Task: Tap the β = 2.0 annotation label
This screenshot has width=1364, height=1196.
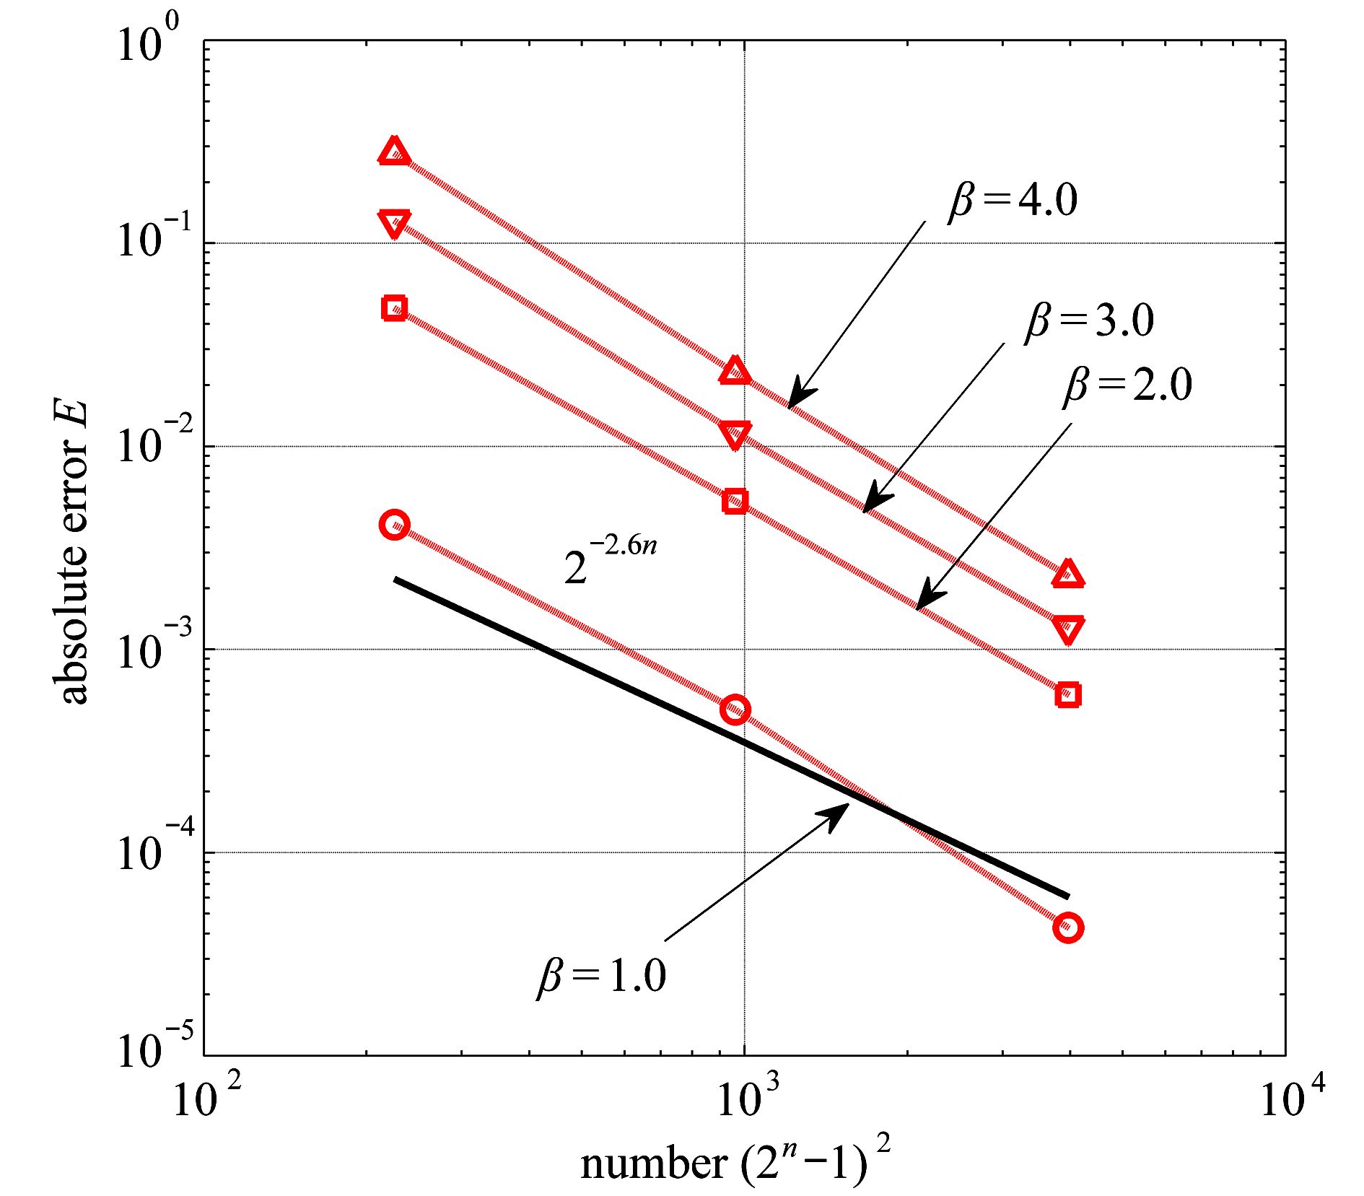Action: tap(1127, 384)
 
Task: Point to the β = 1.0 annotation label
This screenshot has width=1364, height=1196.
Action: tap(601, 976)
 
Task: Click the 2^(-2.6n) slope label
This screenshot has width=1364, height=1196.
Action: tap(610, 559)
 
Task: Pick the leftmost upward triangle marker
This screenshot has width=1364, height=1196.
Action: tap(394, 152)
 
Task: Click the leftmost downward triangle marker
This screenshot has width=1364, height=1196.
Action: tap(394, 223)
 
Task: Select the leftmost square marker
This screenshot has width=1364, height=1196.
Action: tap(394, 308)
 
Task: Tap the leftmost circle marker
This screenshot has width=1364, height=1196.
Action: tap(394, 524)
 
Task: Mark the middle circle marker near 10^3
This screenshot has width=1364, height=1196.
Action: tap(735, 710)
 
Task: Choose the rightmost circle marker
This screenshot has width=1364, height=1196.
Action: tap(1068, 927)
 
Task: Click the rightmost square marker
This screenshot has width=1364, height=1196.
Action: tap(1068, 695)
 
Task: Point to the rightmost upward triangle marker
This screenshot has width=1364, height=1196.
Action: tap(1068, 575)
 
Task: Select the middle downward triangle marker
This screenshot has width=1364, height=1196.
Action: tap(735, 435)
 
